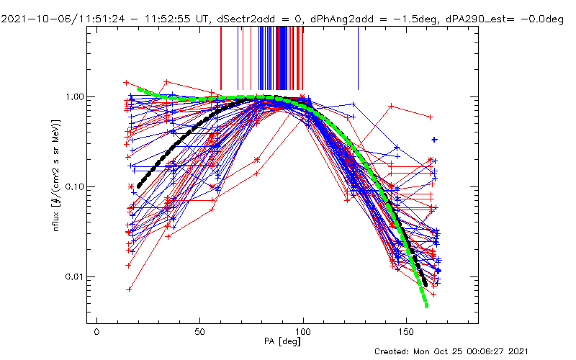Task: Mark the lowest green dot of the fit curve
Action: coord(426,305)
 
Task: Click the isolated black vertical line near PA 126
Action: coord(358,58)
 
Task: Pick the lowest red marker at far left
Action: coord(130,289)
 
